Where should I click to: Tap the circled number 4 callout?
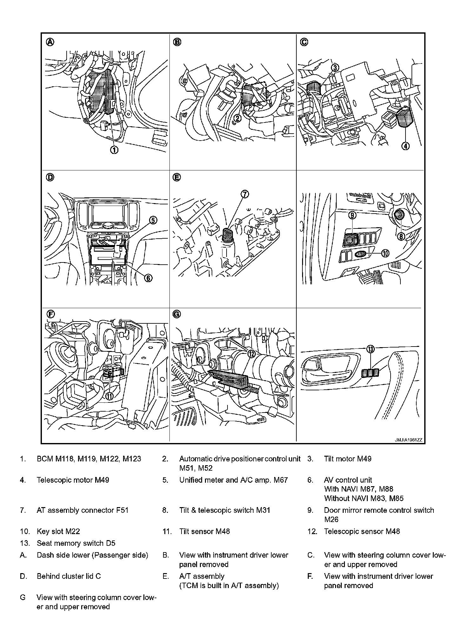pos(406,146)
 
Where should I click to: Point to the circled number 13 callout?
pos(370,349)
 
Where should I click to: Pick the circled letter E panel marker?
pos(177,177)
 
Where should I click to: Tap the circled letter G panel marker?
pos(177,314)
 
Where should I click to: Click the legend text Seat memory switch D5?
pos(76,543)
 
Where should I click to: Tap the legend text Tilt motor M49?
pos(347,459)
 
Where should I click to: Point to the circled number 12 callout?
pos(251,354)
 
